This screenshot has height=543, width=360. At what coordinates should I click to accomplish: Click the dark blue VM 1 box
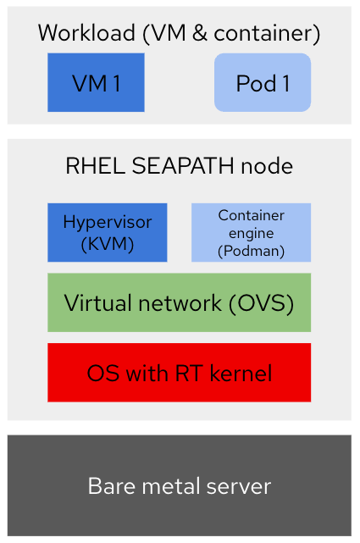[96, 82]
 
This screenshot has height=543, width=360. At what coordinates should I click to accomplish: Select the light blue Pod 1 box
[263, 82]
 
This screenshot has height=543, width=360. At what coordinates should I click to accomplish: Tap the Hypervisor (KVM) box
[107, 232]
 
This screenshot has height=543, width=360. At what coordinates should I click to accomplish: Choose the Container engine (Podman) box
[251, 232]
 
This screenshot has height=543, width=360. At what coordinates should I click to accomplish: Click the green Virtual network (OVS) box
[179, 302]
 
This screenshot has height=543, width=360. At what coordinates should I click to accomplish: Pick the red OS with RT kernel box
[179, 373]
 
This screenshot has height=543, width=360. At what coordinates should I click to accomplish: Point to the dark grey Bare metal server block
[179, 486]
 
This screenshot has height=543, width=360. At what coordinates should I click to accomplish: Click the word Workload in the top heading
[86, 34]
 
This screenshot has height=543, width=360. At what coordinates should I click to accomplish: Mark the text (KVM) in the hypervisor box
[107, 243]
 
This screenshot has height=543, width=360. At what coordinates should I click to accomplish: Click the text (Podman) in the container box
[251, 252]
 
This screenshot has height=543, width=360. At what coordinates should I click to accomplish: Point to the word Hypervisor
[107, 223]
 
